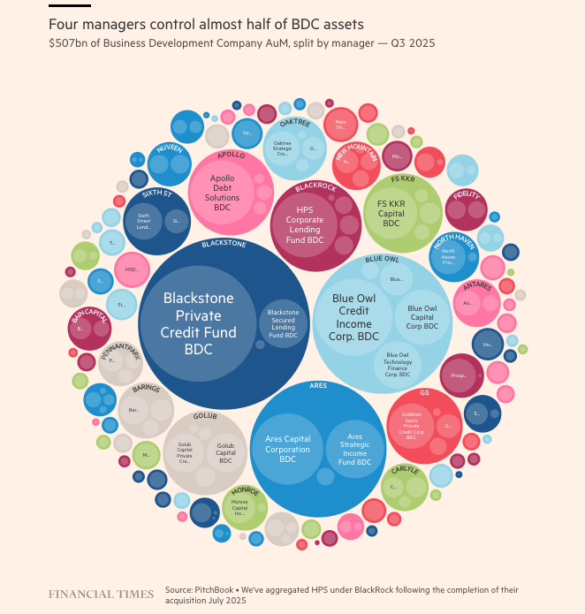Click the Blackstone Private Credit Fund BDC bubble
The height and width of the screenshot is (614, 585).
tap(198, 325)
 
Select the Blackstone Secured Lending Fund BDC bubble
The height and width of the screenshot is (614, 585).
tap(283, 323)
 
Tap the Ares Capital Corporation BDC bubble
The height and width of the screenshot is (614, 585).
tap(287, 449)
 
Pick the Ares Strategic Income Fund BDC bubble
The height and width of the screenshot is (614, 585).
tap(355, 449)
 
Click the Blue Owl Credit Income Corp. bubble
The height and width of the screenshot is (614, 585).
tap(354, 317)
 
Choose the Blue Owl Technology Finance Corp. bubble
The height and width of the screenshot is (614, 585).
tap(398, 364)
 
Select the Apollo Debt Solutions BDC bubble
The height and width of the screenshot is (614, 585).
tap(223, 193)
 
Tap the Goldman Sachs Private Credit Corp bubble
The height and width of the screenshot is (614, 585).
tap(412, 424)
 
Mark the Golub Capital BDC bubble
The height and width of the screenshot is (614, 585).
tap(225, 452)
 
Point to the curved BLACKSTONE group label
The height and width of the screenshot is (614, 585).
tap(224, 243)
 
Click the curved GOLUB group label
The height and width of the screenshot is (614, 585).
tap(205, 415)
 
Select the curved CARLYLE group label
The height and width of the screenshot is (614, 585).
tap(406, 470)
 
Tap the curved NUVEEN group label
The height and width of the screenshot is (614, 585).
tap(170, 149)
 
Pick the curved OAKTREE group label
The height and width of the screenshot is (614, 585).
tap(294, 123)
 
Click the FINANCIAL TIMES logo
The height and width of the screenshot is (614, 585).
tap(100, 594)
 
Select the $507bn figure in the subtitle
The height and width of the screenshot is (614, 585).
tap(67, 42)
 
